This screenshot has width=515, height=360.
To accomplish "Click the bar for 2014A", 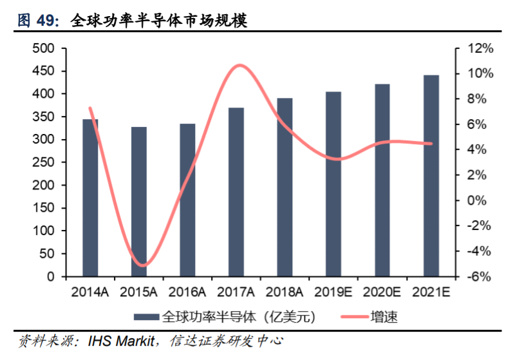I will pyautogui.click(x=90, y=198).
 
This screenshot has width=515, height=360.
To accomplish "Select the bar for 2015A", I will pyautogui.click(x=139, y=202).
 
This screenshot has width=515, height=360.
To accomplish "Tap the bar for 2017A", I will pyautogui.click(x=236, y=192).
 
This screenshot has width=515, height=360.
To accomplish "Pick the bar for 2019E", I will pyautogui.click(x=333, y=184).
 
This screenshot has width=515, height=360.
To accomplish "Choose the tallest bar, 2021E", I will pyautogui.click(x=431, y=176).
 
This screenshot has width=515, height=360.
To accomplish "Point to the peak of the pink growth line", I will pyautogui.click(x=239, y=65).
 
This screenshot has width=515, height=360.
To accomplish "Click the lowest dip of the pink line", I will pyautogui.click(x=143, y=265).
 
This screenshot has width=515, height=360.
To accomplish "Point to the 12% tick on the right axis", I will pyautogui.click(x=480, y=48).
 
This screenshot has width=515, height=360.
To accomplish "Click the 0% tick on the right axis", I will pyautogui.click(x=483, y=200).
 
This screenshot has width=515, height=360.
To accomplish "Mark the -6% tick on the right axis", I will pyautogui.click(x=482, y=277).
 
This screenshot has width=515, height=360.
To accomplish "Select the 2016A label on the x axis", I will pyautogui.click(x=187, y=292).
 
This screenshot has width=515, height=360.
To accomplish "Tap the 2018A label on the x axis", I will pyautogui.click(x=285, y=292).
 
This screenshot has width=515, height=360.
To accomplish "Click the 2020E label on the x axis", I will pyautogui.click(x=382, y=292).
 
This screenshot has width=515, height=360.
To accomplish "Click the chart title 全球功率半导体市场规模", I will pyautogui.click(x=158, y=21).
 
